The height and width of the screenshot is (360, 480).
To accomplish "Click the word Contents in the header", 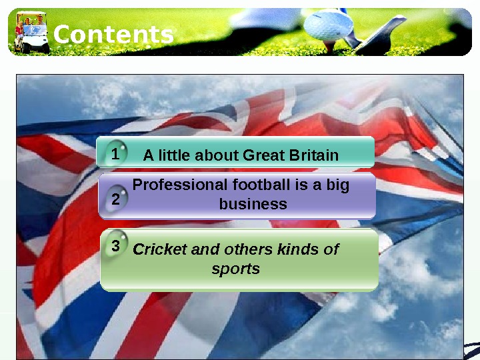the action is pyautogui.click(x=113, y=34).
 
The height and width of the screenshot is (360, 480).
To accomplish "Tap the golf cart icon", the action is pyautogui.click(x=31, y=32).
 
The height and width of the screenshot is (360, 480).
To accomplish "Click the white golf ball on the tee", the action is pyautogui.click(x=328, y=25).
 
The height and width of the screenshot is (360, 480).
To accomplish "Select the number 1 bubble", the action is pyautogui.click(x=115, y=153).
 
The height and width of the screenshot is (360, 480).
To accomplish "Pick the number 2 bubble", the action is pyautogui.click(x=116, y=199).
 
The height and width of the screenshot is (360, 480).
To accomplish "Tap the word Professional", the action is pyautogui.click(x=180, y=185).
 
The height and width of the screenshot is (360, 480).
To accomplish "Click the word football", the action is pyautogui.click(x=261, y=185).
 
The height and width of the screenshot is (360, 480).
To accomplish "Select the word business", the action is pyautogui.click(x=253, y=204).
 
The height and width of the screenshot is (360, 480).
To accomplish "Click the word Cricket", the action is pyautogui.click(x=160, y=249).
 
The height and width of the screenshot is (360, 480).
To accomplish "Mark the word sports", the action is pyautogui.click(x=236, y=269).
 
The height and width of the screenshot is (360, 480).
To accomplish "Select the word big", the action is pyautogui.click(x=337, y=185).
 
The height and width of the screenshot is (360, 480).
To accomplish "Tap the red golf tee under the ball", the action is pyautogui.click(x=330, y=46).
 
